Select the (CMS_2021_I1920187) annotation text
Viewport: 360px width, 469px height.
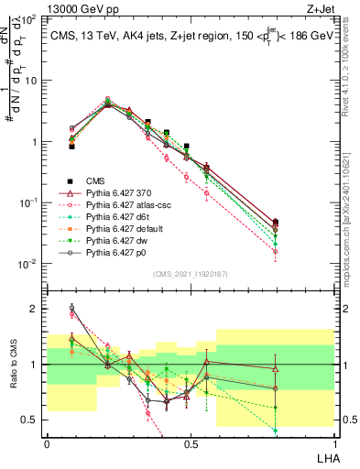pos(191,273)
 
